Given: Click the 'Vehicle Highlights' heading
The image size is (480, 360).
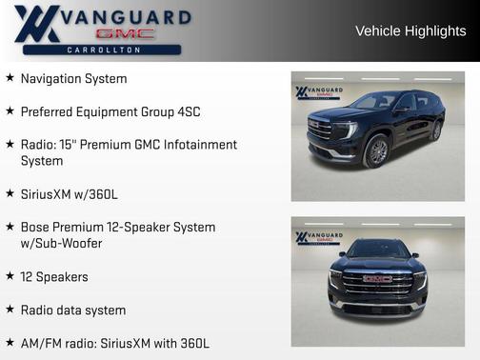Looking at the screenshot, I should coord(410,30).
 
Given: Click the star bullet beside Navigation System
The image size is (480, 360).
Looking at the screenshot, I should coord(10,78).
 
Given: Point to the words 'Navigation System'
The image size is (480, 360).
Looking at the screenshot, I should coord(73,78).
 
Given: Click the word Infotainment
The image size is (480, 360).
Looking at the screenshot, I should coord(199,145).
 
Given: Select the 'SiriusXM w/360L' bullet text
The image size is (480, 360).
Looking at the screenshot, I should coord(70,194).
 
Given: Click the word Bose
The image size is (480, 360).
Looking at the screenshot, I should coord(35,228).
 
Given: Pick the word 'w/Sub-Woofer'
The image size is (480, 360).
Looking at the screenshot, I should coord(62,244).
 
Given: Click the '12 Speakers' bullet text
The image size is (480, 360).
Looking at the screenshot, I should coord(54,277).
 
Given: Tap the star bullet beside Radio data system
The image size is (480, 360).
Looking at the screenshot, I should coord(10,310).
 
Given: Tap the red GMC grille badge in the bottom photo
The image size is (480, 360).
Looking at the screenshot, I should coord(378,279).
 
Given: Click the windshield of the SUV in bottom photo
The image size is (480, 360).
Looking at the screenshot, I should coord(378,250).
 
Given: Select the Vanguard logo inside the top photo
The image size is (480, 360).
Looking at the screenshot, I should coord(319,93).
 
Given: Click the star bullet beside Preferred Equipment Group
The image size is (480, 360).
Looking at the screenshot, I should coord(10,111).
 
